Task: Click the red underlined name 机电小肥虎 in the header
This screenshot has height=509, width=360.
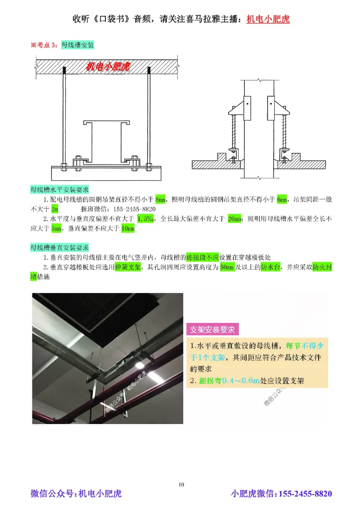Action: pos(268,19)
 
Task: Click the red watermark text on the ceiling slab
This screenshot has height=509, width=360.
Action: pos(108,67)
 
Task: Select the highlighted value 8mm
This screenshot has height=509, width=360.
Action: pos(160,199)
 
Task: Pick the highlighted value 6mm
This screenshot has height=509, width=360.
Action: pos(282,199)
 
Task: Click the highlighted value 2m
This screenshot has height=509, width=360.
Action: pos(54,209)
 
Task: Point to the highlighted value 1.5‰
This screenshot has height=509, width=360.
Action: pos(146,219)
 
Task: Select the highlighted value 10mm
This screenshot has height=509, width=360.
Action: pos(128,229)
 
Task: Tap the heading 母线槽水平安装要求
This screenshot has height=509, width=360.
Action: pos(59,189)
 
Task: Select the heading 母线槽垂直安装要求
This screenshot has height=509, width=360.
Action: pos(59,248)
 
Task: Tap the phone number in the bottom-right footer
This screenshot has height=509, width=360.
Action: pos(306,494)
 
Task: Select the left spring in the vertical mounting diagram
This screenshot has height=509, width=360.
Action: pos(234,128)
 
